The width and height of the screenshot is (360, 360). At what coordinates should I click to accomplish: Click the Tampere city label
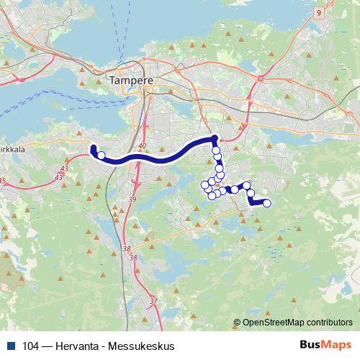[131, 81]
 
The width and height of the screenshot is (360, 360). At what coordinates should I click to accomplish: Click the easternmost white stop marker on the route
[267, 203]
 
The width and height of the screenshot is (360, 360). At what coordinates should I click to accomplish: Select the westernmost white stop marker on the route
[102, 155]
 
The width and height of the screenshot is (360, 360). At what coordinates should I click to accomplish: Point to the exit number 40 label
[142, 147]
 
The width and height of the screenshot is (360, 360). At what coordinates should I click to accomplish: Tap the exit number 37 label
[153, 300]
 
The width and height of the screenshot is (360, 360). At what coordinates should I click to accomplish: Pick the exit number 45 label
[2, 180]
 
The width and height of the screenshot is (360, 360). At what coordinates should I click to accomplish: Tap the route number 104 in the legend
[31, 346]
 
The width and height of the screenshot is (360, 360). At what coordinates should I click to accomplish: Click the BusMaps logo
[326, 346]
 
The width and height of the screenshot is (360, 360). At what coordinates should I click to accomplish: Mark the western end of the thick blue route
[92, 148]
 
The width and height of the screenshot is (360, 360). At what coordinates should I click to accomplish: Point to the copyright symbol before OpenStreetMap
[238, 323]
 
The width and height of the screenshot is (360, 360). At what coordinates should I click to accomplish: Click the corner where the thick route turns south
[214, 138]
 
